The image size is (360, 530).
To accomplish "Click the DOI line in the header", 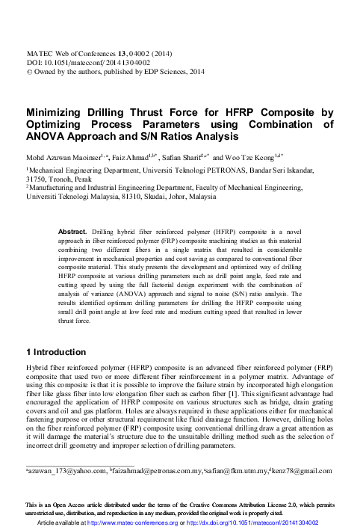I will click(x=79, y=64).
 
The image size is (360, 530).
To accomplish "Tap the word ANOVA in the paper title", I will click(x=48, y=138).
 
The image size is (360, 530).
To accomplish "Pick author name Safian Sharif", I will click(x=182, y=158).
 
